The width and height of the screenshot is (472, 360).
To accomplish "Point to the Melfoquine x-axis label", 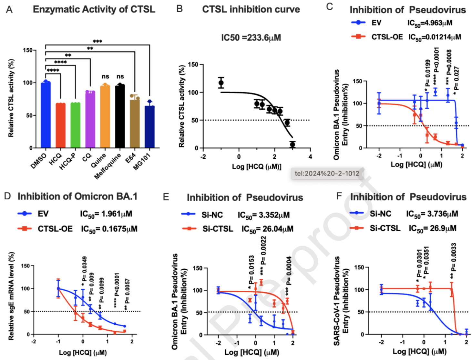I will coord(108,166).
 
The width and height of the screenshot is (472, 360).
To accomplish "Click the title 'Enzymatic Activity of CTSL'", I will coord(94,9).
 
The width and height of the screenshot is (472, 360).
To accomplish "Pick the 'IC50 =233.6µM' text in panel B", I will coord(251,38).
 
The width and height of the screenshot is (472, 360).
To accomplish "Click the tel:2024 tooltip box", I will coord(327,174).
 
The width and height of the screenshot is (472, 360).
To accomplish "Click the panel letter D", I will coord(7,196).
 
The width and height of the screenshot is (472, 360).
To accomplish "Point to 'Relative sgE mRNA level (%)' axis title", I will coord(11,296).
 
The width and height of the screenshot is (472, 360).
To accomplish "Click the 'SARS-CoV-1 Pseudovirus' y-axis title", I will coord(337,301).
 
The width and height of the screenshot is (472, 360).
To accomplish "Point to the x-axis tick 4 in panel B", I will coord(310,157).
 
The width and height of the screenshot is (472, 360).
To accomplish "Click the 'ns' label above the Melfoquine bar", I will coord(120,76).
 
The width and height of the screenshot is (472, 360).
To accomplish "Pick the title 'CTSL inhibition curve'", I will coord(251,9).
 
